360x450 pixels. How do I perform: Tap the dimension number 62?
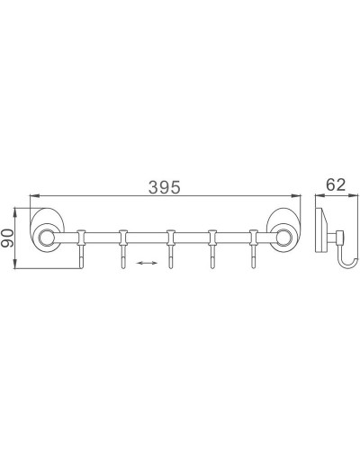click(x=336, y=185)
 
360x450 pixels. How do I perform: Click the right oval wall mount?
click(x=283, y=238)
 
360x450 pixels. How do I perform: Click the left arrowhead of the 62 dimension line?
click(x=317, y=197)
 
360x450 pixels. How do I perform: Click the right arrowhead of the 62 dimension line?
click(x=352, y=197)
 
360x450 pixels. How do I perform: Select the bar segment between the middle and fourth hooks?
click(x=191, y=238)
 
